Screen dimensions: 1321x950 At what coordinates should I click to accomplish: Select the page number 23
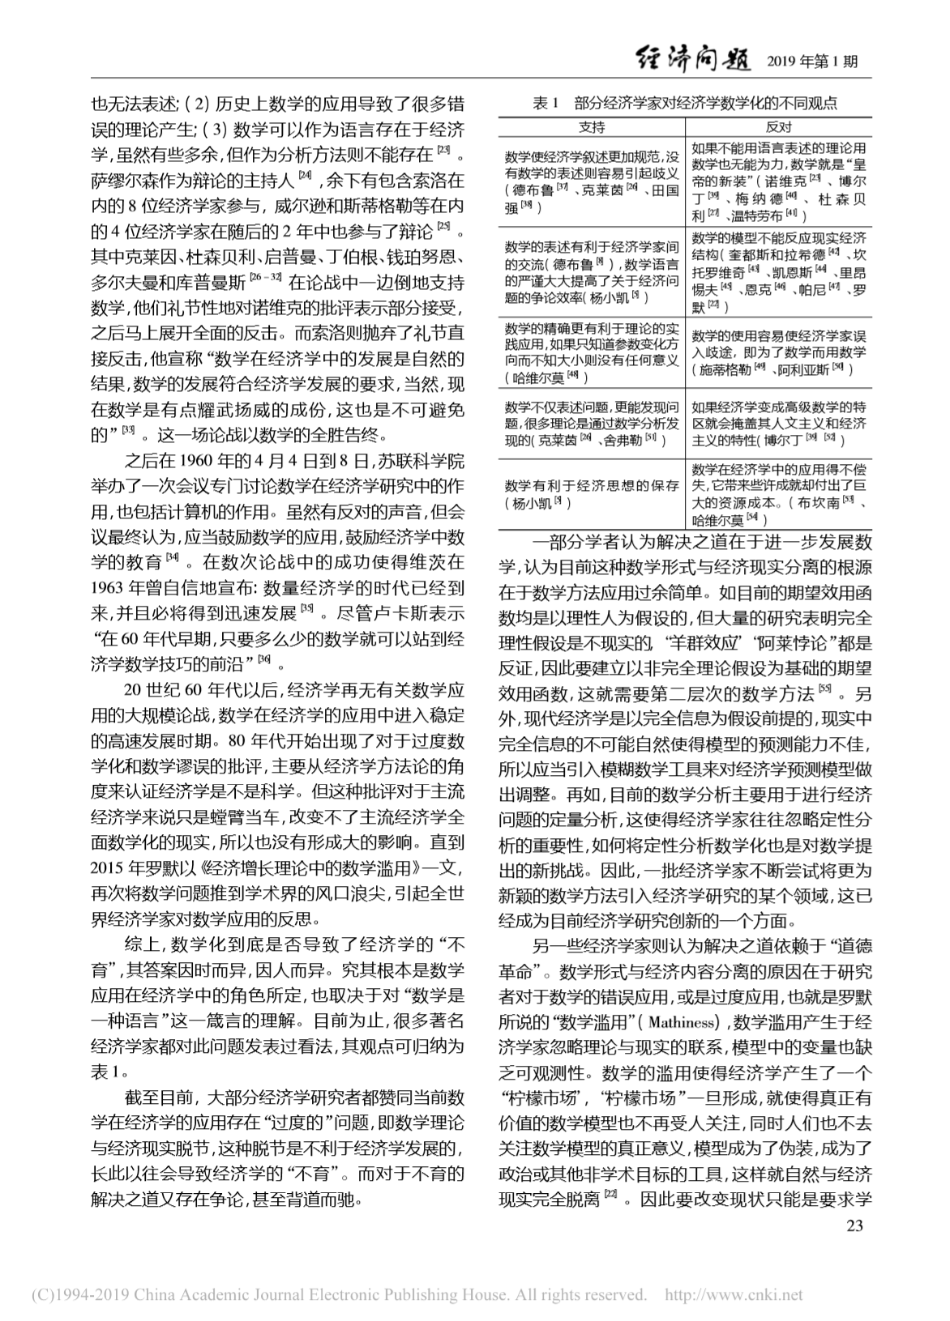pyautogui.click(x=854, y=1225)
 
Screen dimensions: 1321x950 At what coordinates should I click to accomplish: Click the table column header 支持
pyautogui.click(x=592, y=127)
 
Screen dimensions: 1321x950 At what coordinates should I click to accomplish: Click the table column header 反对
pyautogui.click(x=778, y=127)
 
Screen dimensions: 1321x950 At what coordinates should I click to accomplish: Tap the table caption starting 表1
pyautogui.click(x=685, y=104)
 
